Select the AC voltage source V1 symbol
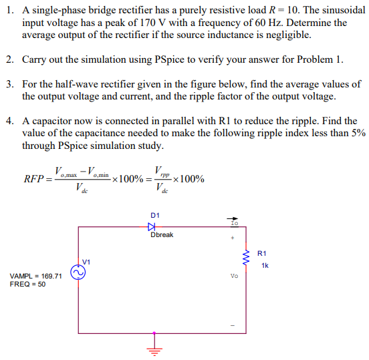pos(78,273)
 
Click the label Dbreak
pos(162,235)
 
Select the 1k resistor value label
pos(265,265)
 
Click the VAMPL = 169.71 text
pos(36,276)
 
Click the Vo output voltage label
pos(234,276)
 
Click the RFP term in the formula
pos(34,179)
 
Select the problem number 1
pos(9,11)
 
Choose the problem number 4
pos(9,122)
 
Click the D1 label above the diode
pos(155,214)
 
